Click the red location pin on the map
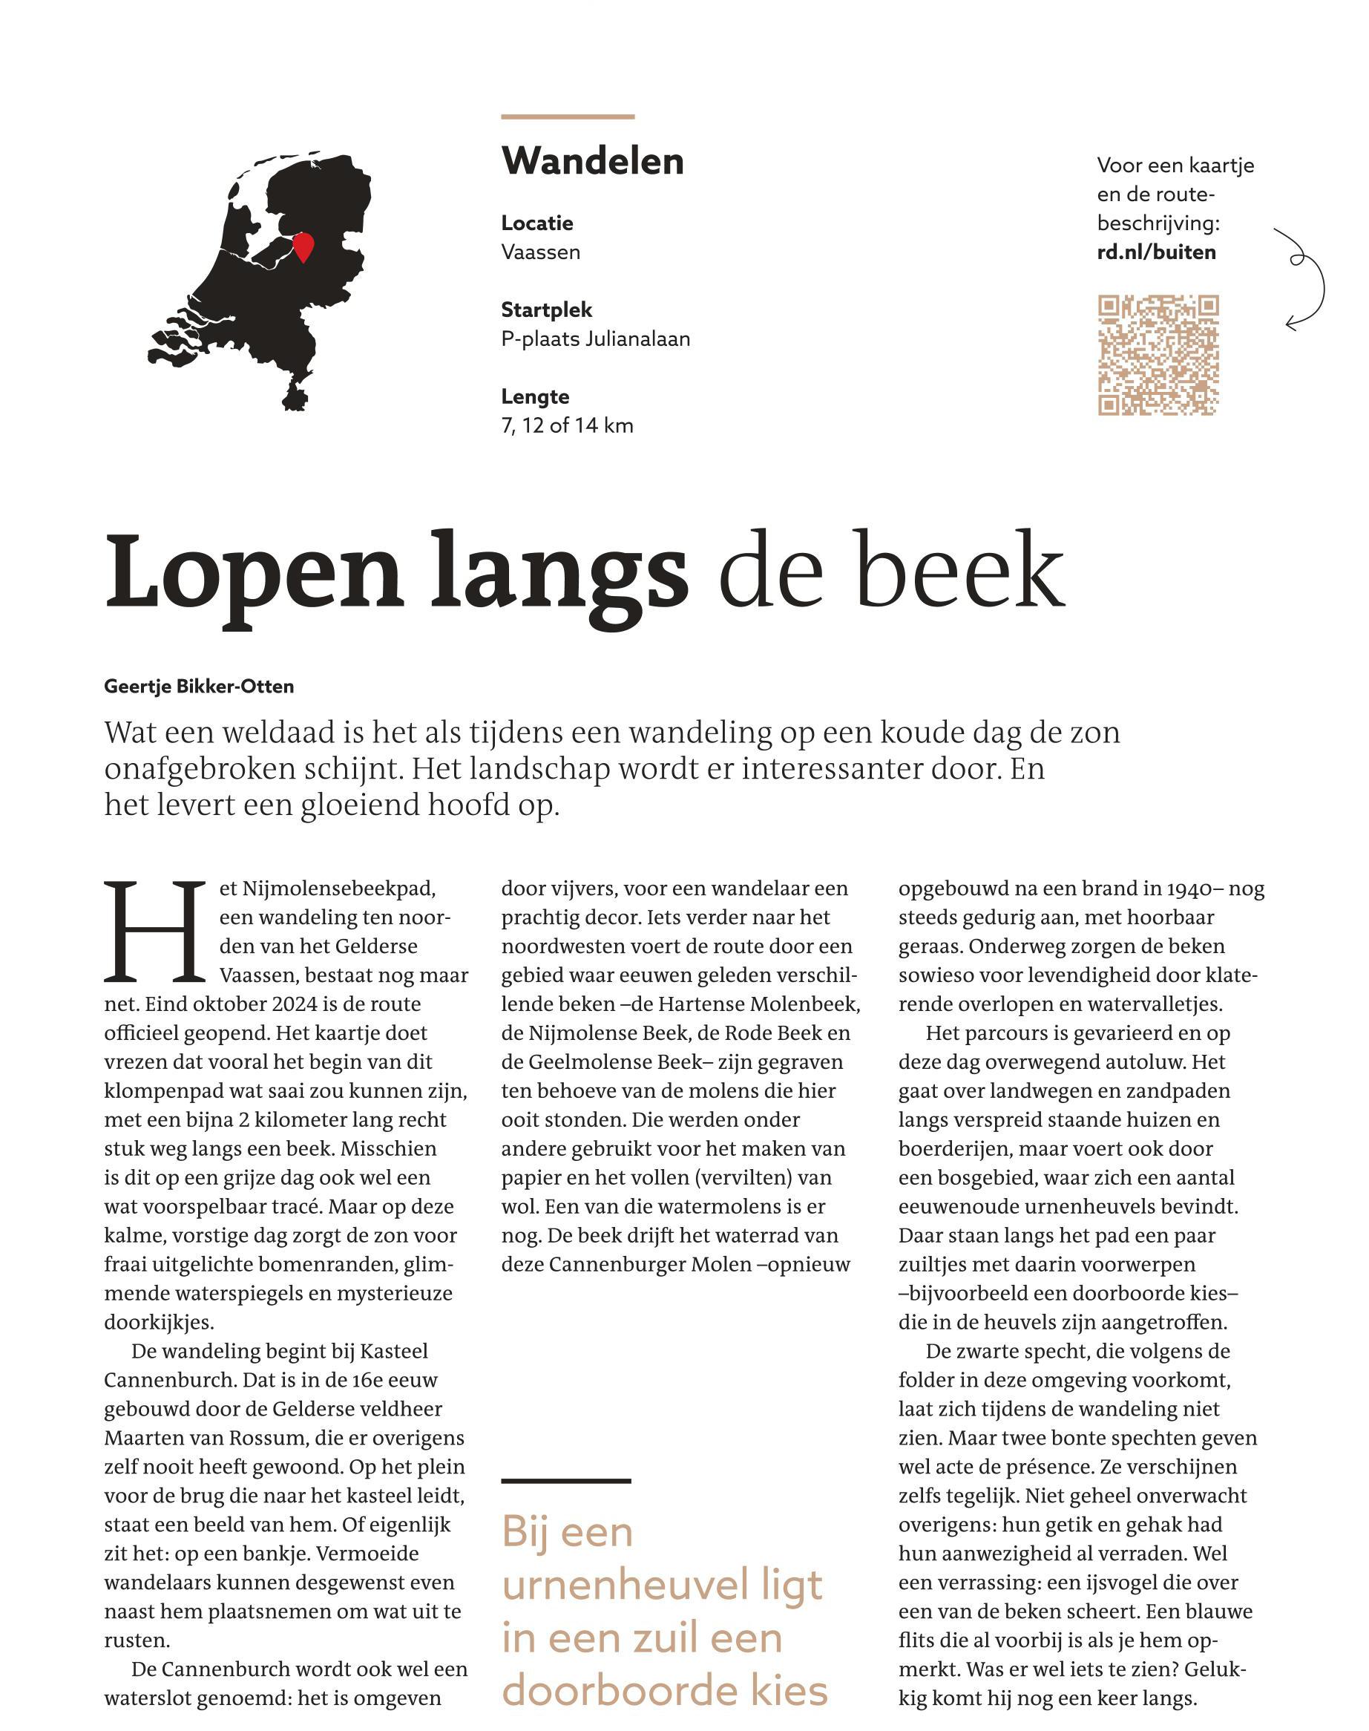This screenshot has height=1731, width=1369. pos(302,246)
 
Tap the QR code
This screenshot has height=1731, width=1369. pos(1158,355)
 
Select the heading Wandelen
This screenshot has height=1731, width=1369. pos(592,161)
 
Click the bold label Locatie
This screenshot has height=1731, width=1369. pos(537,223)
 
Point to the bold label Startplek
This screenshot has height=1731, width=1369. pos(547,310)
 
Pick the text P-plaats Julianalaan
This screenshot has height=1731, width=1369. pos(596,339)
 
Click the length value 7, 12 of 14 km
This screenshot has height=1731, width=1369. pos(567,426)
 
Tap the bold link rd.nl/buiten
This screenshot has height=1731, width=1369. pos(1156,252)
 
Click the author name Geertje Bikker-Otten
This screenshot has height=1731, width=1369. pos(199,687)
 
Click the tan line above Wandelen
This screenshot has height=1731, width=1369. pos(568,117)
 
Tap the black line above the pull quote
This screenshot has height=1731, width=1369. pos(566,1481)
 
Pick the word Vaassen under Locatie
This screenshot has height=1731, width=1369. pos(541,252)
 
